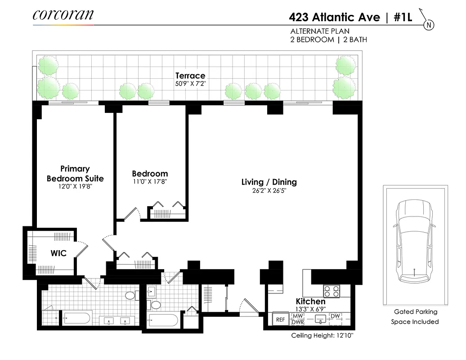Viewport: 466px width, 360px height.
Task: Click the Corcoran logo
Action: coord(63,14)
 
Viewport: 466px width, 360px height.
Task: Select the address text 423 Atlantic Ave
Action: coord(334,18)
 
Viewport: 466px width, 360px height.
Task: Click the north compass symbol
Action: coord(429,25)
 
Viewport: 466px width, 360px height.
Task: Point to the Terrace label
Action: coord(190,76)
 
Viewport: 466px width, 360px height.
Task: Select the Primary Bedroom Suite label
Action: coord(75,174)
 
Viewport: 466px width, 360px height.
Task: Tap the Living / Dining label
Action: coord(269,182)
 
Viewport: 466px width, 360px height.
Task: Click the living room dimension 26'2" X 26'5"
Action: coord(269,190)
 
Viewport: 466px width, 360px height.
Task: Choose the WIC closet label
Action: coord(58,253)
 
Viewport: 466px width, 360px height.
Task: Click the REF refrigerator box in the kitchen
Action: coord(280,319)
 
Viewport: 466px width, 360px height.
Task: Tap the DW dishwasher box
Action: coord(335,316)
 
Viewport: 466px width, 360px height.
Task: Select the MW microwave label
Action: coord(298,316)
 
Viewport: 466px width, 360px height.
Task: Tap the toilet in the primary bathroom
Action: coord(130,296)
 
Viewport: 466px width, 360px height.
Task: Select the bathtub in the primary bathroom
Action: coord(77,319)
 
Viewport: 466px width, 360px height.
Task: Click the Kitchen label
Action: coord(310,301)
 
